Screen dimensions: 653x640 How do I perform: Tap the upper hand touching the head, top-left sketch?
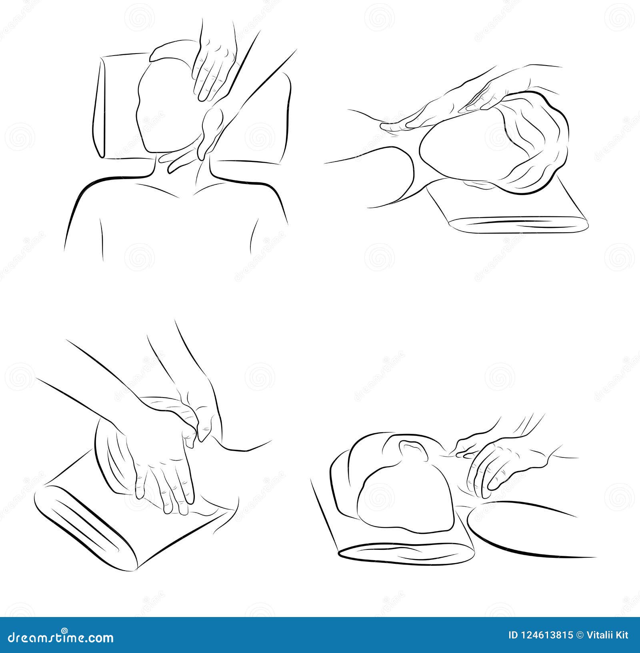tap(212, 68)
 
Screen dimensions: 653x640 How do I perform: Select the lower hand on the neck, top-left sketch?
tap(210, 128)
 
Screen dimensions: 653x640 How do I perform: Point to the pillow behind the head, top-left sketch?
tap(116, 108)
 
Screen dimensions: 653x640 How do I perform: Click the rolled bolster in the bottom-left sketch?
tap(88, 524)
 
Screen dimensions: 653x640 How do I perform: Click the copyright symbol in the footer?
tap(578, 635)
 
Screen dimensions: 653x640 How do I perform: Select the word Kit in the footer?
tap(622, 635)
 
